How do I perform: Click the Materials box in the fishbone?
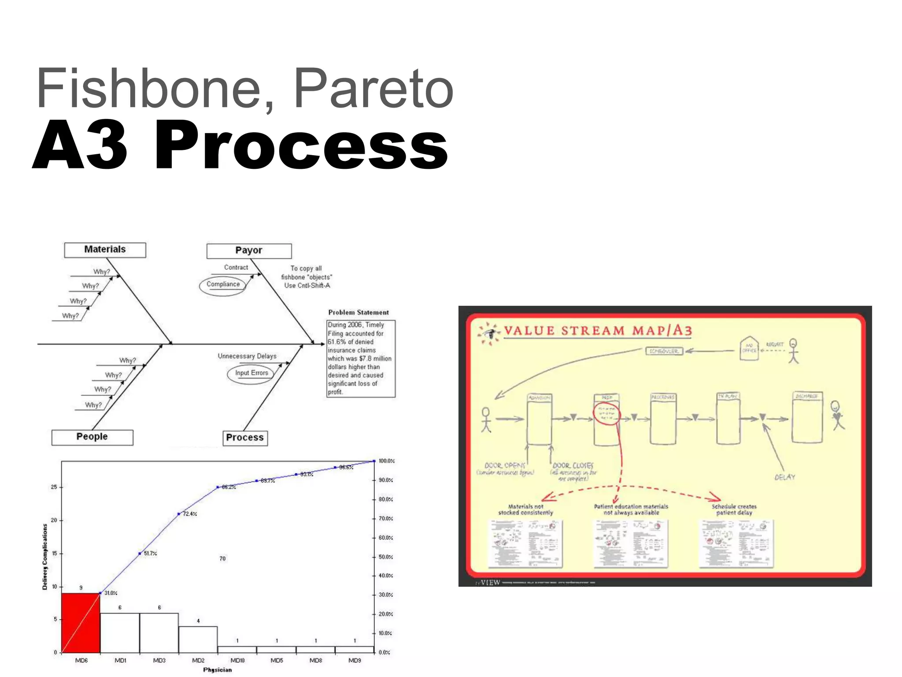[x=105, y=250]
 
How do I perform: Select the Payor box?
[x=249, y=251]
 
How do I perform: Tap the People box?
[x=92, y=437]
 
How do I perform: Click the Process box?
[x=245, y=438]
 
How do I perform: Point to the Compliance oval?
[x=223, y=285]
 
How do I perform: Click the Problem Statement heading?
[x=359, y=312]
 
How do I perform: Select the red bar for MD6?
[x=81, y=622]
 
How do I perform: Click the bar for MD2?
[x=198, y=639]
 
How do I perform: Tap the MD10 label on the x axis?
[x=237, y=660]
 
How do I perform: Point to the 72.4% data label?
[x=190, y=514]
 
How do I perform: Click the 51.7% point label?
[x=150, y=554]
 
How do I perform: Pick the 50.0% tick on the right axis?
[x=386, y=557]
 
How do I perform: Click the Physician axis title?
[x=217, y=670]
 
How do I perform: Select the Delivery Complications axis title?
[x=45, y=557]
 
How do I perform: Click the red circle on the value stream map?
[x=607, y=414]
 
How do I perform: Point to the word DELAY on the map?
[x=785, y=477]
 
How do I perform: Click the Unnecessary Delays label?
[x=247, y=356]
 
